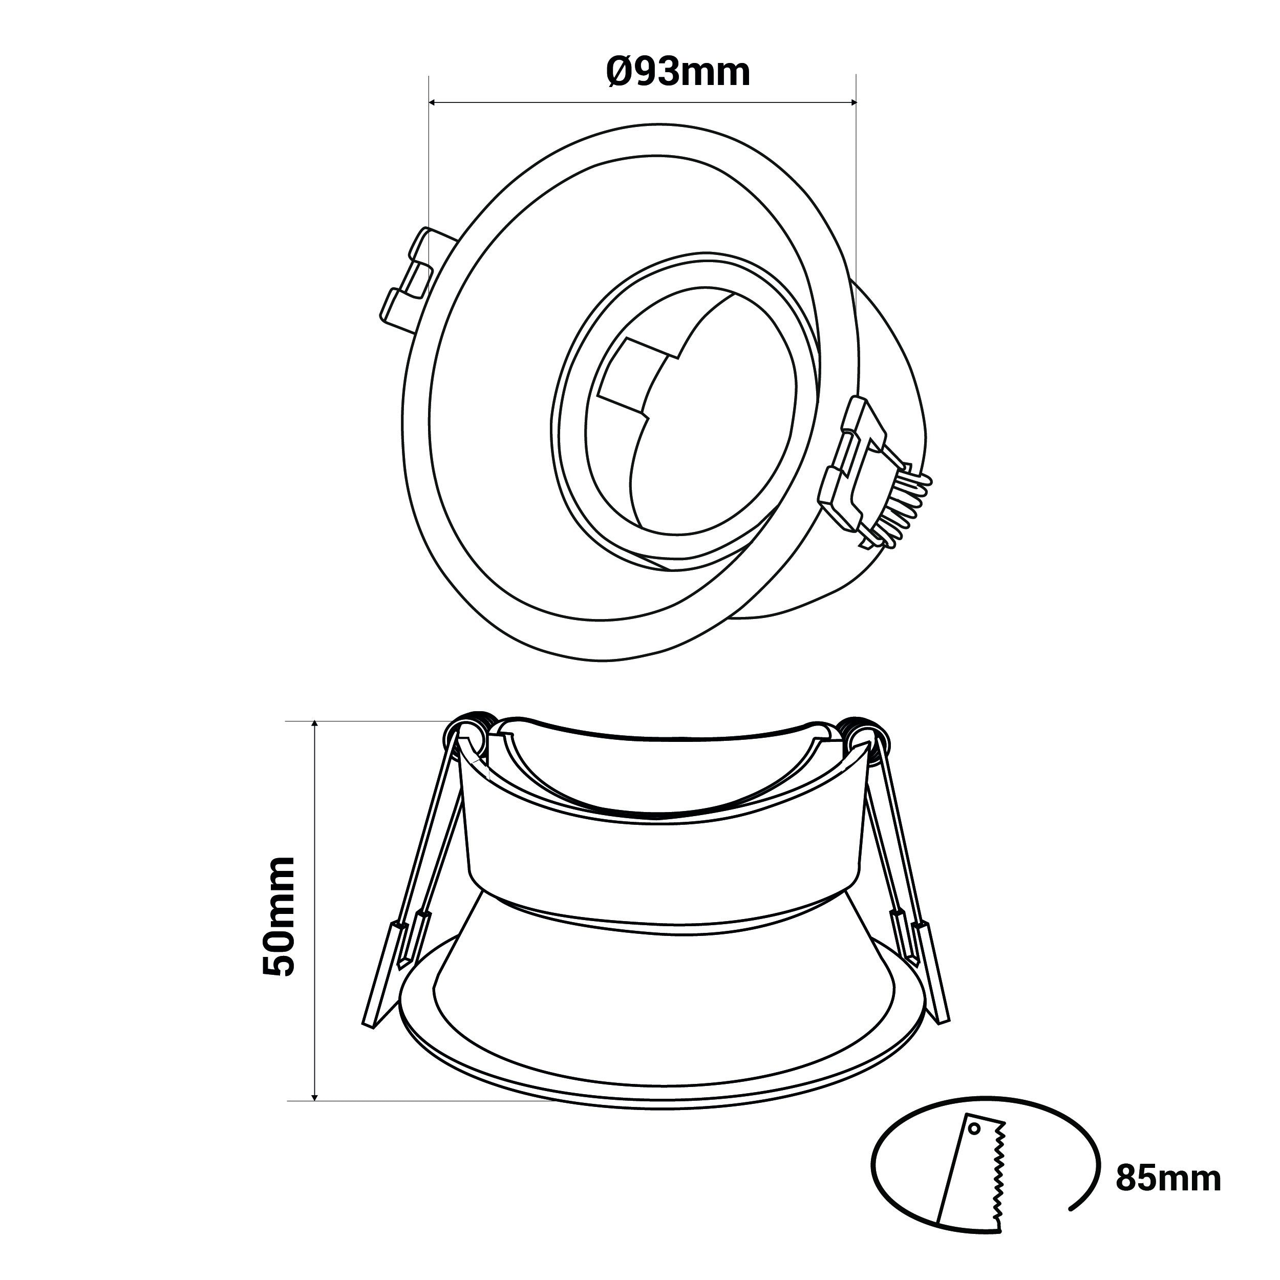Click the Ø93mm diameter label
tap(678, 72)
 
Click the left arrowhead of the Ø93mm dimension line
tap(434, 103)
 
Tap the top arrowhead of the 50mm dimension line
tap(315, 726)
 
